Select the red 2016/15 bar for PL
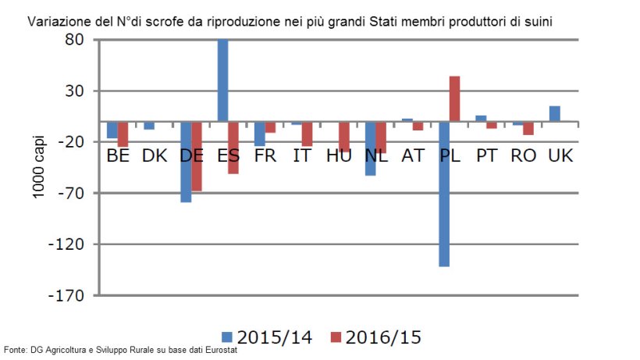tap(454, 98)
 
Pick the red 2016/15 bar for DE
tap(197, 156)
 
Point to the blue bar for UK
tap(554, 114)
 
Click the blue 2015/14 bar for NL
tap(370, 148)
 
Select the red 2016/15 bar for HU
tap(344, 137)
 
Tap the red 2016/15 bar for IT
tap(307, 134)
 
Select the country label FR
tap(265, 155)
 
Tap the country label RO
tap(523, 155)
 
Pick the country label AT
tap(412, 155)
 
